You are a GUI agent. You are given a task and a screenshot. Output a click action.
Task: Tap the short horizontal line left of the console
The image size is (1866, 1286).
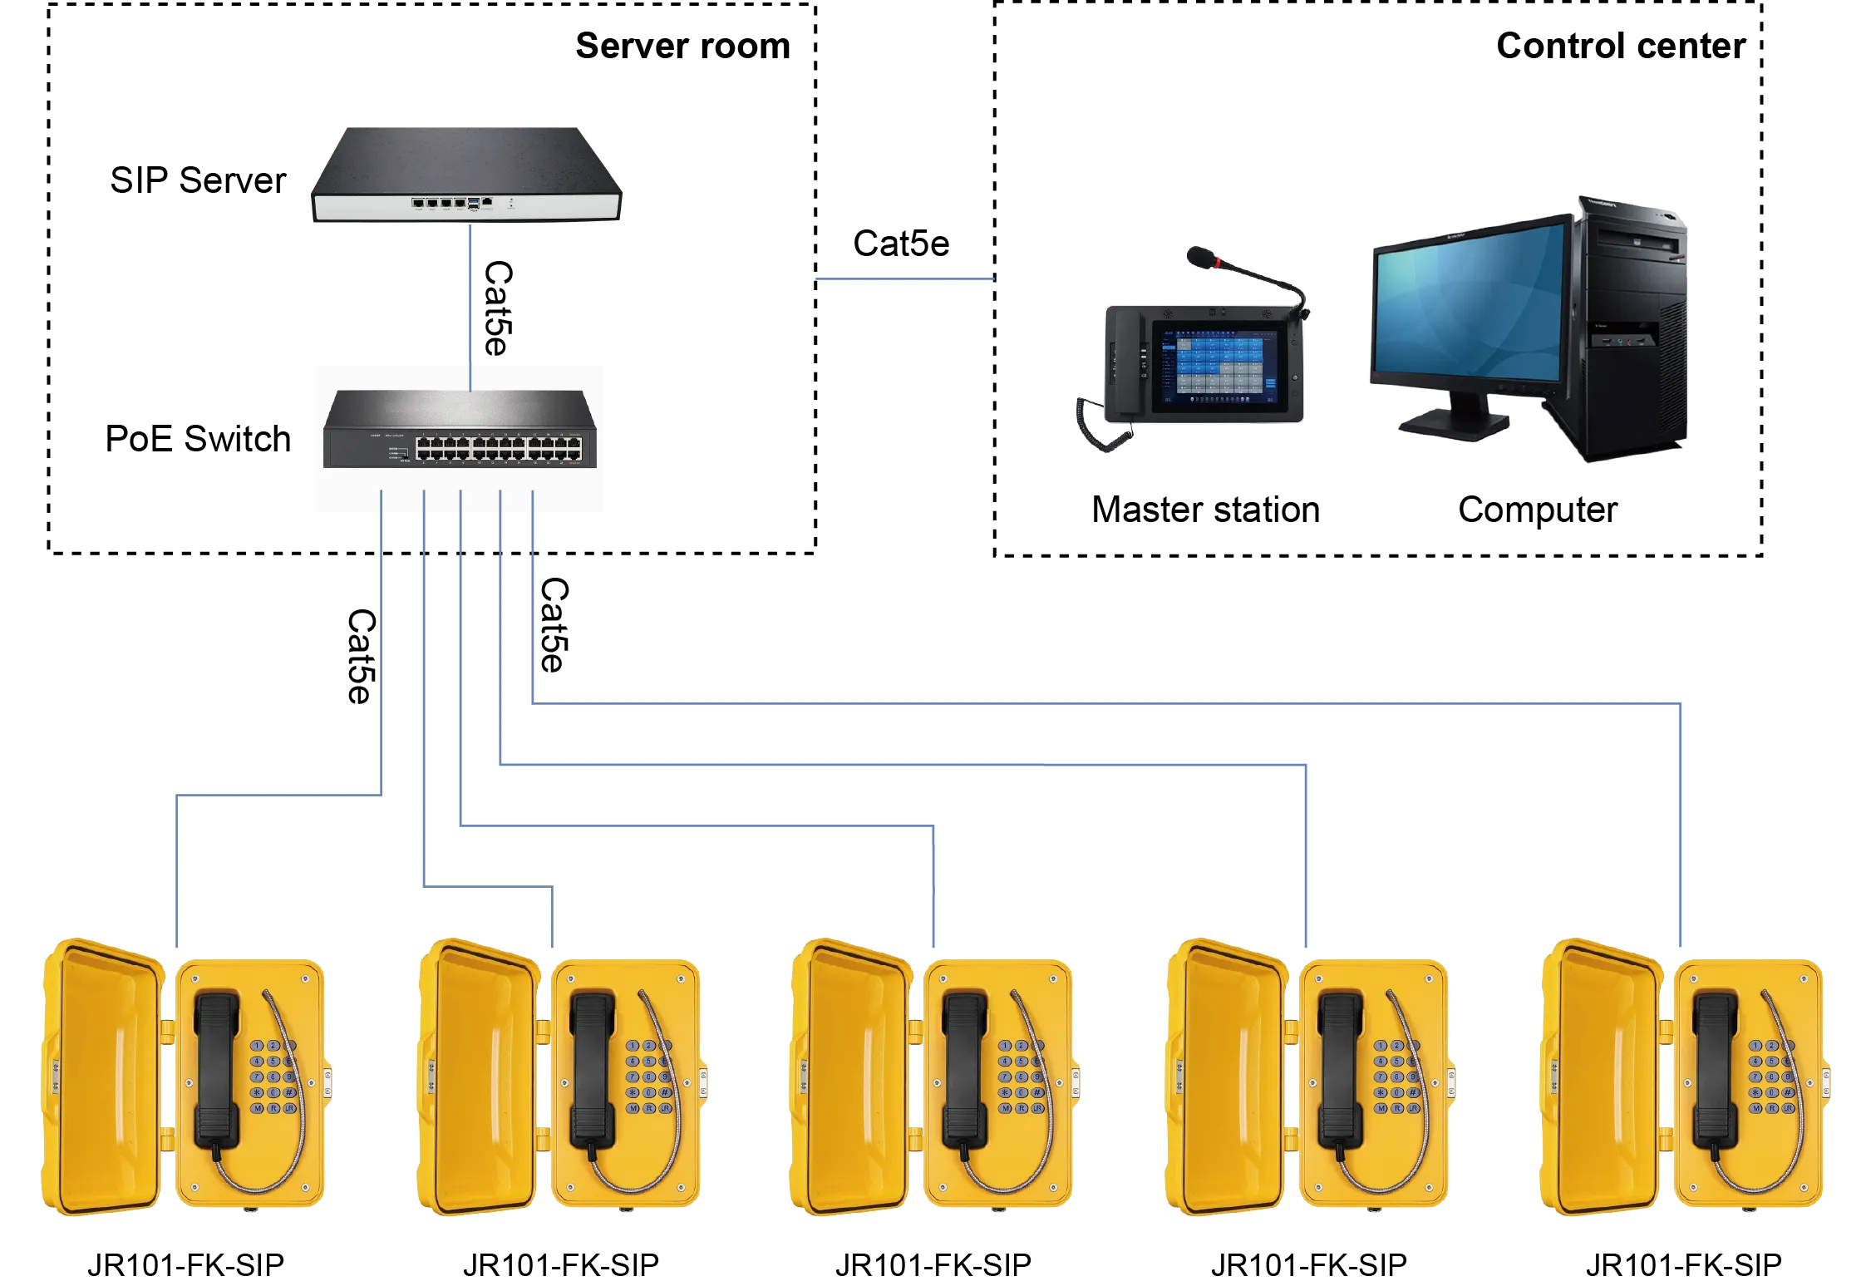[x=903, y=280]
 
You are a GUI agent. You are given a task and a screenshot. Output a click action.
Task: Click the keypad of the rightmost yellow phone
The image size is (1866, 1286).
[x=1771, y=1077]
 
